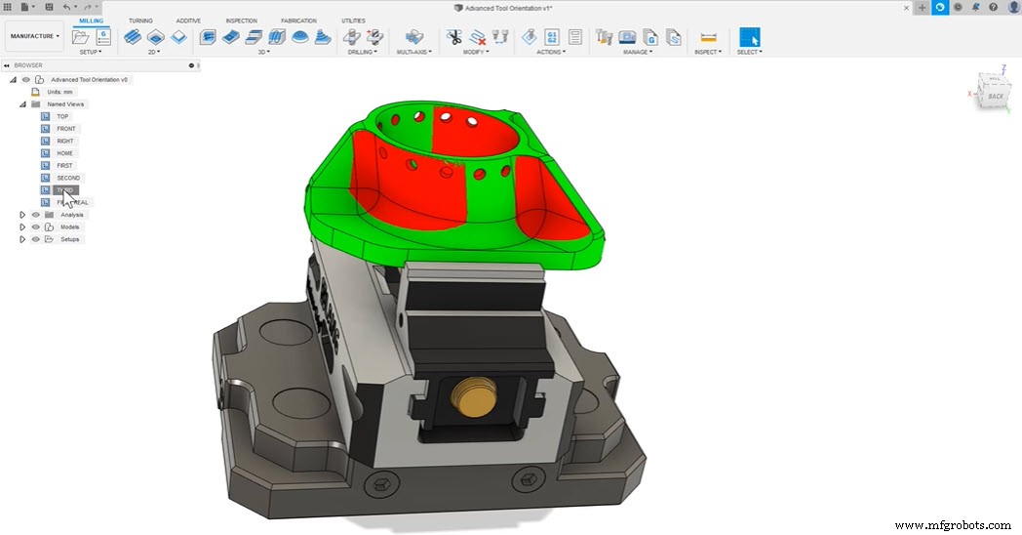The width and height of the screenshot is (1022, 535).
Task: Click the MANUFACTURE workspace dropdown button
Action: pyautogui.click(x=35, y=36)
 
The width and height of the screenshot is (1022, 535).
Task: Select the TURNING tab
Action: pyautogui.click(x=140, y=21)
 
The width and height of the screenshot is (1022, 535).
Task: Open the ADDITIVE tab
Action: pyautogui.click(x=188, y=21)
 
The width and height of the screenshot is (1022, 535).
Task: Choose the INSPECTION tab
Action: pyautogui.click(x=241, y=21)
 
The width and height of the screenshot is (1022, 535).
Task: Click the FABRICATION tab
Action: pyautogui.click(x=298, y=21)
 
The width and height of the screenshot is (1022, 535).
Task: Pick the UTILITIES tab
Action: pyautogui.click(x=354, y=21)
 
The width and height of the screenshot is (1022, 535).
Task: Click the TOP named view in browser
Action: pyautogui.click(x=62, y=116)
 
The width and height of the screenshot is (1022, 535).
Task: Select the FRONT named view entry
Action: pyautogui.click(x=65, y=129)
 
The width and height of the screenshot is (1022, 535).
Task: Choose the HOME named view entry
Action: pyautogui.click(x=64, y=153)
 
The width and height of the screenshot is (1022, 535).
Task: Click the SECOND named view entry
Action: pyautogui.click(x=67, y=178)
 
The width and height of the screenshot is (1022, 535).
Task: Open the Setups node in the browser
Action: pyautogui.click(x=69, y=239)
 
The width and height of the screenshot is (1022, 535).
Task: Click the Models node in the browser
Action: pyautogui.click(x=69, y=226)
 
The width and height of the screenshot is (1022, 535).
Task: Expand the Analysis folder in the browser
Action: pyautogui.click(x=21, y=215)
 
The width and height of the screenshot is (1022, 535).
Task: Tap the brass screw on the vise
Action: pyautogui.click(x=471, y=395)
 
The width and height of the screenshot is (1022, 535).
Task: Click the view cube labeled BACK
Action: pyautogui.click(x=995, y=96)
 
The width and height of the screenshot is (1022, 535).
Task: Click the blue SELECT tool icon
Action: pyautogui.click(x=749, y=38)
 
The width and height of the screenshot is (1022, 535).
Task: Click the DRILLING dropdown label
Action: pyautogui.click(x=362, y=52)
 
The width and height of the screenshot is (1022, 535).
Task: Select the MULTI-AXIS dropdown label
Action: pyautogui.click(x=415, y=52)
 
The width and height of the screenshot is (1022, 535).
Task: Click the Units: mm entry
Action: pyautogui.click(x=59, y=92)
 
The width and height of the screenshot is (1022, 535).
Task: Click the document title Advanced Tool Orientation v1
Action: pyautogui.click(x=509, y=8)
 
